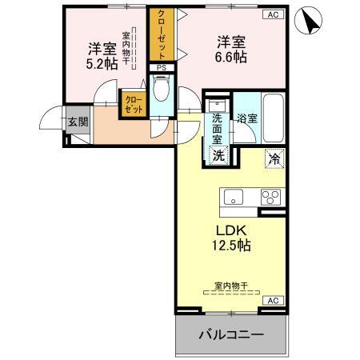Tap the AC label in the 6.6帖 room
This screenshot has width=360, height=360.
(x=273, y=14)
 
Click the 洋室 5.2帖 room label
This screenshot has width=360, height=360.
(x=102, y=56)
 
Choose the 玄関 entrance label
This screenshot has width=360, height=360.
(x=78, y=122)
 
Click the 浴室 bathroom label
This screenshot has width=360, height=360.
(x=246, y=118)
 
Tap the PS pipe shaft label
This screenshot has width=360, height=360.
(x=161, y=68)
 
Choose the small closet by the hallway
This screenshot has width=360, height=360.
(x=132, y=104)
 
